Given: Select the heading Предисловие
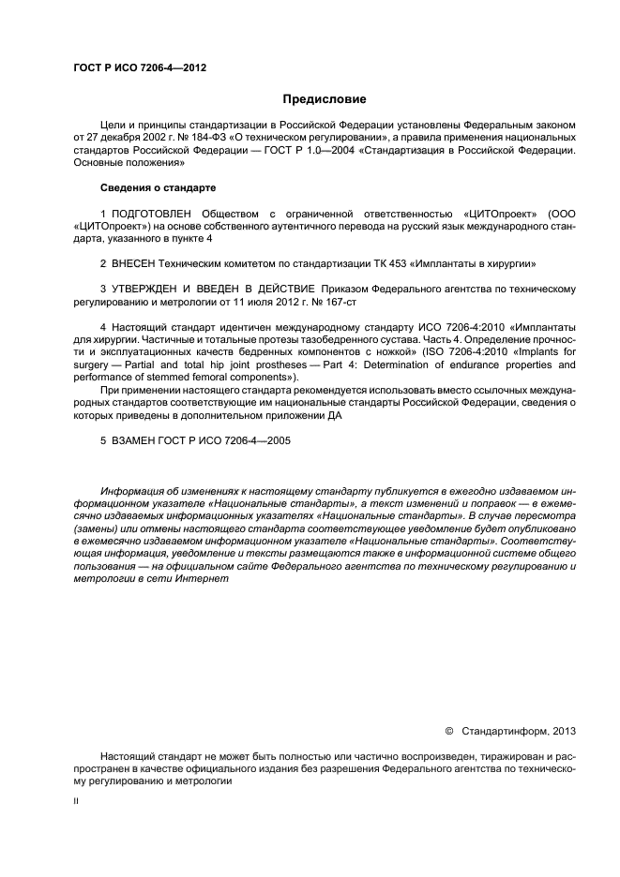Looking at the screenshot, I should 325,98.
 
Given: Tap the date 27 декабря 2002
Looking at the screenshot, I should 116,137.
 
